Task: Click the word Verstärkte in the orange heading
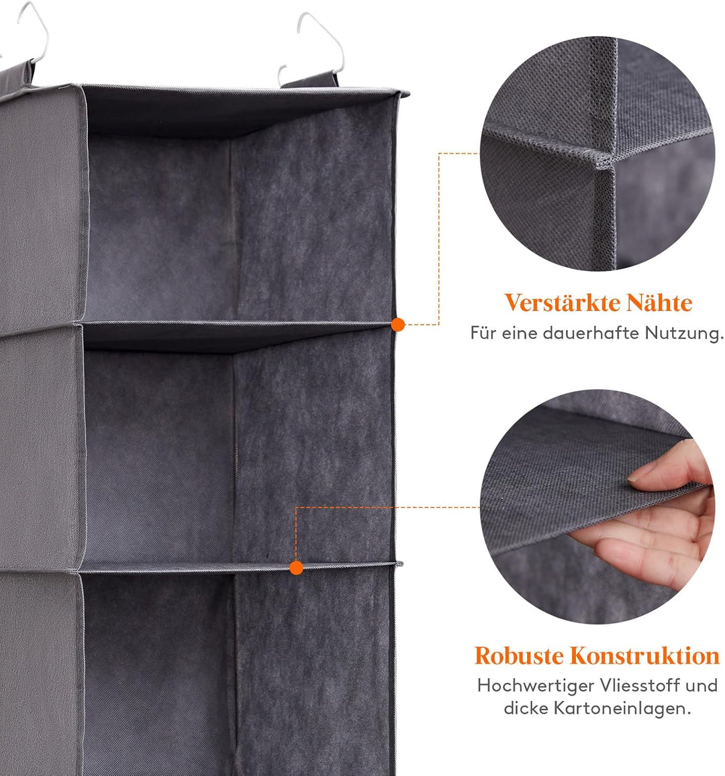562,303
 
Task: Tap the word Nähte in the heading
659,303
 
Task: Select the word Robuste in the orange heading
518,655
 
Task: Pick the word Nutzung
684,334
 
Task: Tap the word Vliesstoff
639,685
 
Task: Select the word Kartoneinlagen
622,708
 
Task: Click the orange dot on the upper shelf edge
398,325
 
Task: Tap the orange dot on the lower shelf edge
296,567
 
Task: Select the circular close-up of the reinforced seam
597,154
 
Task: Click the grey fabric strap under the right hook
311,80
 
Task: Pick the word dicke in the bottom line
526,708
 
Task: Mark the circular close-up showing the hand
597,506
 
